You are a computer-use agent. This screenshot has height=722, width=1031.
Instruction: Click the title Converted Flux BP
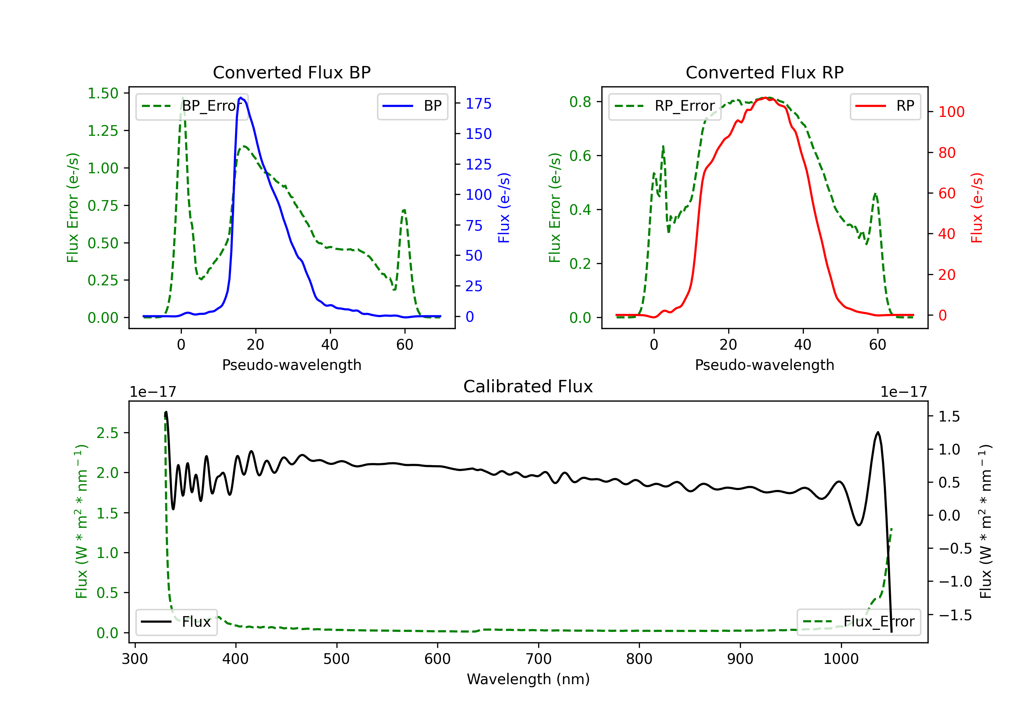292,72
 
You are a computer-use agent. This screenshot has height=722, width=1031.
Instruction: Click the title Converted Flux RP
765,72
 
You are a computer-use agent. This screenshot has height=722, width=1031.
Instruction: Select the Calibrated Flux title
528,386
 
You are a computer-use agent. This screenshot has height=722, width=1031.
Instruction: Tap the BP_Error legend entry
192,106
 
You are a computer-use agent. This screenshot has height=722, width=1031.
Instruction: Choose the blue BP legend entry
412,106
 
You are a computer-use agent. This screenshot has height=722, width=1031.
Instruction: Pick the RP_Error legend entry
665,106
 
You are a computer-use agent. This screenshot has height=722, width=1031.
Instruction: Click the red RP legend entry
885,106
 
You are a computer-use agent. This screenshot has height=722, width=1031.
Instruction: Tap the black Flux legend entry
176,622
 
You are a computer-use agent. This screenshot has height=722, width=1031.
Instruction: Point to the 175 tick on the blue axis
479,103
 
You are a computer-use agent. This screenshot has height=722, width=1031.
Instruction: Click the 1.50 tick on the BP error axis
103,94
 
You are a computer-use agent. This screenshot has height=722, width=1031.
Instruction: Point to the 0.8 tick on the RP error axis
580,102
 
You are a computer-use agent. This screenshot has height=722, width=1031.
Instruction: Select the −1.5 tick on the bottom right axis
955,615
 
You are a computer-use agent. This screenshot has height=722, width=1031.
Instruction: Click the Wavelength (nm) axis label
528,679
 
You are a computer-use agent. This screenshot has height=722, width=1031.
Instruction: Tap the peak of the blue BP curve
241,98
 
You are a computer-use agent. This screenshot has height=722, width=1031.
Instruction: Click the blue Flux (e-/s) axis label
504,208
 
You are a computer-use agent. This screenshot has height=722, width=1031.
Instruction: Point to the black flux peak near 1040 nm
878,432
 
